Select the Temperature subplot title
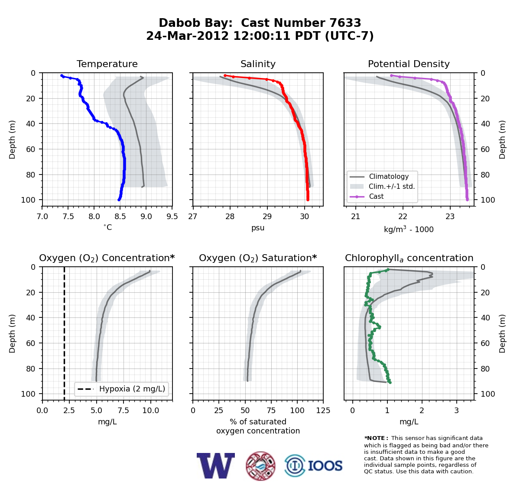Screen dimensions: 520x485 pos(107,64)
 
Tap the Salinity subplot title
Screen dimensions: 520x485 pos(258,64)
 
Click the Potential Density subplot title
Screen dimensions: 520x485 pos(409,64)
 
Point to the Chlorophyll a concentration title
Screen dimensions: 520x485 pos(409,258)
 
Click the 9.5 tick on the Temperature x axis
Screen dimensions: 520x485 pos(172,217)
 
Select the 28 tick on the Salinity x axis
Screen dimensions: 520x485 pos(230,217)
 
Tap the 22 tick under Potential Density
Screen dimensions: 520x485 pos(403,217)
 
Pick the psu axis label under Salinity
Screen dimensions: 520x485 pos(258,228)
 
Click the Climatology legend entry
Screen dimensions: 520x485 pos(389,176)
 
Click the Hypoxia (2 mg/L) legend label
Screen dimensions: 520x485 pos(132,389)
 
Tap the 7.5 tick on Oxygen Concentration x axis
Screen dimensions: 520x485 pos(123,411)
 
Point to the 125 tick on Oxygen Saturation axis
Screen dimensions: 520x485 pos(323,411)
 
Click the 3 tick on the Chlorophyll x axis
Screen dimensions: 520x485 pos(457,411)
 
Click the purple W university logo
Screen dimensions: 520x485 pos(216,466)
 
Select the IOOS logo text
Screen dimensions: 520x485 pos(325,466)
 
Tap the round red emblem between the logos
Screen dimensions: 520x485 pos(260,466)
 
